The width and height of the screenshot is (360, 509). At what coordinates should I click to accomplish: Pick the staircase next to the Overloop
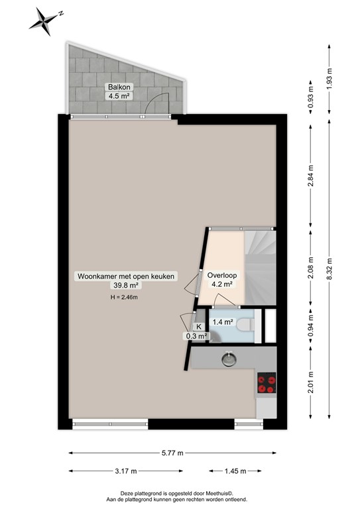click(x=258, y=265)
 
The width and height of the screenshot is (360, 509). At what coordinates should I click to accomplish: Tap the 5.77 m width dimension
click(x=172, y=453)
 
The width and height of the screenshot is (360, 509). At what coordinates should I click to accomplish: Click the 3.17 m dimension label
click(x=125, y=471)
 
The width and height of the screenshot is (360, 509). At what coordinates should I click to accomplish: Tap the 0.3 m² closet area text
click(x=197, y=336)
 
